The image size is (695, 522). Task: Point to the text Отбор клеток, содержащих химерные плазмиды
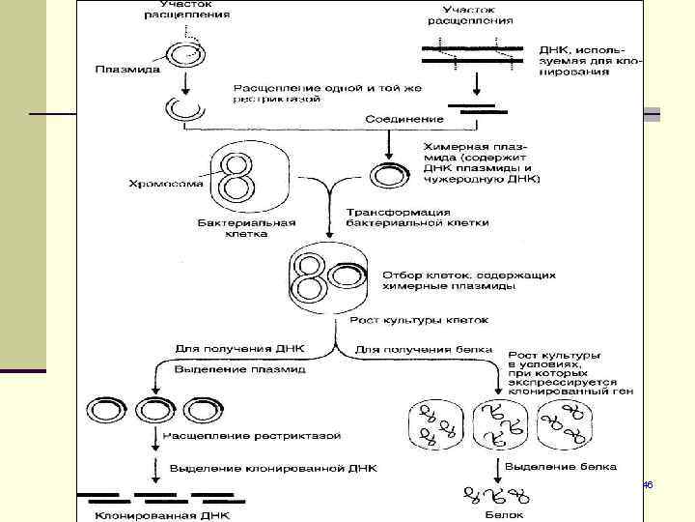pyautogui.click(x=469, y=280)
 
